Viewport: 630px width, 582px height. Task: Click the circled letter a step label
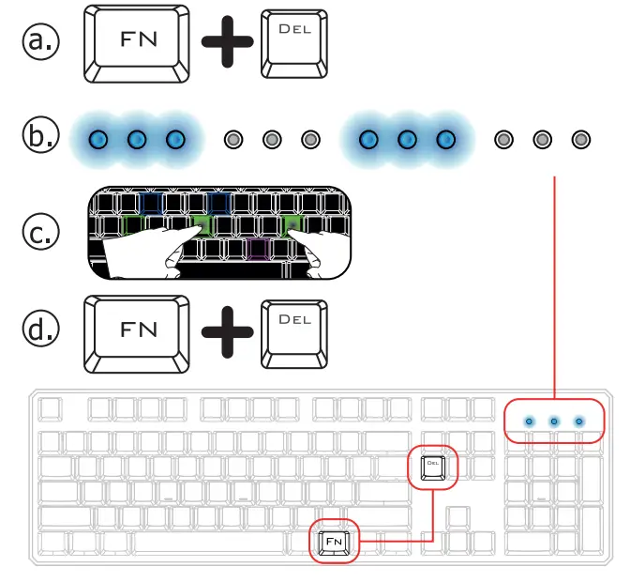pyautogui.click(x=40, y=41)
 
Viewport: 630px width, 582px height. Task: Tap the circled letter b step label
pyautogui.click(x=40, y=138)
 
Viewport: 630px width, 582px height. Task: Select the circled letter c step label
pyautogui.click(x=40, y=231)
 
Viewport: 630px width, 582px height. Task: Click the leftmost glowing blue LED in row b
pyautogui.click(x=97, y=140)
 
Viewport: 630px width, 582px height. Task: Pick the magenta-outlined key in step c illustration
pyautogui.click(x=257, y=248)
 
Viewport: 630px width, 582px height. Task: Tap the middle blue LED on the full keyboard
pyautogui.click(x=554, y=421)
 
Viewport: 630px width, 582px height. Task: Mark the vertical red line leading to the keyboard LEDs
pyautogui.click(x=557, y=282)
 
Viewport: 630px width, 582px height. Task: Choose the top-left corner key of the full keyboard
pyautogui.click(x=51, y=409)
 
